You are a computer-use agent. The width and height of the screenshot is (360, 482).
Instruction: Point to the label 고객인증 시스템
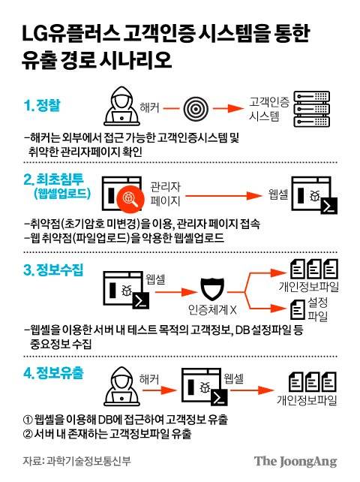pyautogui.click(x=268, y=110)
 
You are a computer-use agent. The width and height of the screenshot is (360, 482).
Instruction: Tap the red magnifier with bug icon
pyautogui.click(x=130, y=197)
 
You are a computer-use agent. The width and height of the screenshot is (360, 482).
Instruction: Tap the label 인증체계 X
pyautogui.click(x=212, y=311)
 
